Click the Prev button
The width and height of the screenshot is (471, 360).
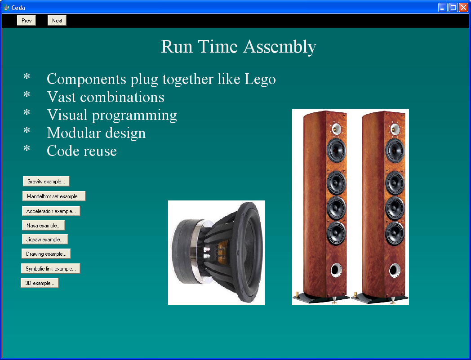tap(27, 20)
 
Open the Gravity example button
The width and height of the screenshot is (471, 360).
tap(46, 181)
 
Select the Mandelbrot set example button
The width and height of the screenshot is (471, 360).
tap(54, 196)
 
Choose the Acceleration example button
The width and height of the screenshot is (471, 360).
tap(51, 211)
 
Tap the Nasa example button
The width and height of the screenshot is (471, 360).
tap(44, 225)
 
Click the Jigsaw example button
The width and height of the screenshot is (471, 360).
tap(45, 239)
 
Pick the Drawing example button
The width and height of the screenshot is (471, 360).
tap(46, 253)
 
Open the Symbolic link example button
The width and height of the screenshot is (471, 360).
tap(51, 268)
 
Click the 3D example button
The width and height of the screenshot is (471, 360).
tap(40, 283)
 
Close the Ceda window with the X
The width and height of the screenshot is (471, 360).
tap(463, 7)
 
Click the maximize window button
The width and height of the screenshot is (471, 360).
tap(453, 7)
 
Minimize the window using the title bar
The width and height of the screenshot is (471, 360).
tap(443, 7)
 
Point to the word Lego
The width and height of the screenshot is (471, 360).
tap(260, 80)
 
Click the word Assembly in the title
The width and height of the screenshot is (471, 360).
tap(280, 47)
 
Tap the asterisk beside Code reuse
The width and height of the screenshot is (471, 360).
tap(27, 148)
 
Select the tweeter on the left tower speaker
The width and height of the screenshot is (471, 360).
tap(336, 129)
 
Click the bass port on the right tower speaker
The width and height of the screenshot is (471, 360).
tap(395, 270)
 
